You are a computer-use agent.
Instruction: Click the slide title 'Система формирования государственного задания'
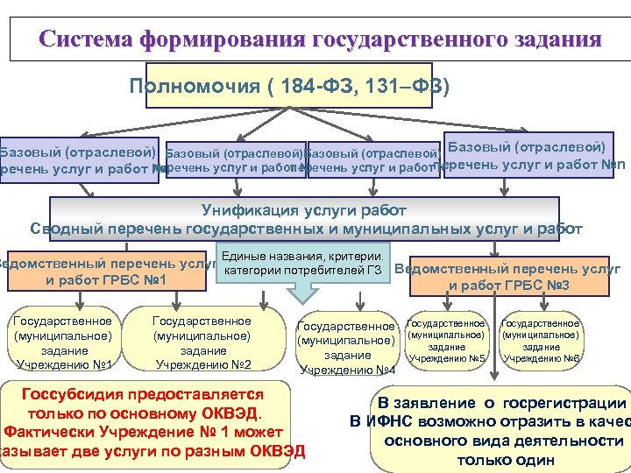[320, 40]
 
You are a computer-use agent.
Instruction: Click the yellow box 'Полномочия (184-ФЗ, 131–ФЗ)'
[289, 86]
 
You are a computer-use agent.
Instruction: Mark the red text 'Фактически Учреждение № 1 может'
[144, 432]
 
